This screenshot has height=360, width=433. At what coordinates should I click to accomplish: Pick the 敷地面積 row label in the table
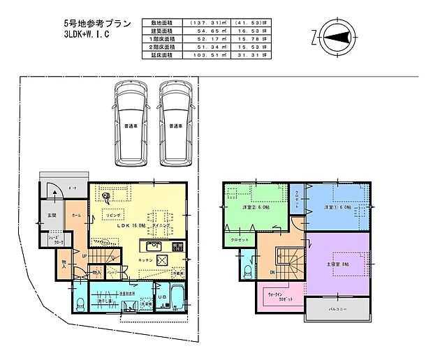159,22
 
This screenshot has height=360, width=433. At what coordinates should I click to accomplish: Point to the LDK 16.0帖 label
131,226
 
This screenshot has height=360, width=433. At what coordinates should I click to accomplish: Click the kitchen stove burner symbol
177,248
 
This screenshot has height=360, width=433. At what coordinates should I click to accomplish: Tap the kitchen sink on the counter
153,248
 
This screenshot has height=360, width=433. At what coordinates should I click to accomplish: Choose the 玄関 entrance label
53,216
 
